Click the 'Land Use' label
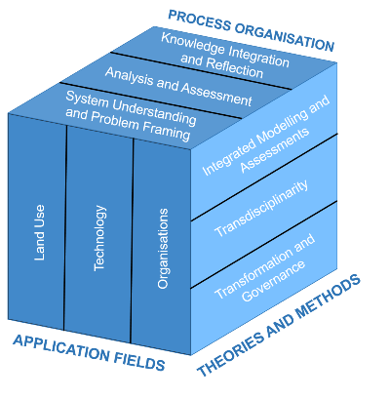39,232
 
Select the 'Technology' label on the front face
99,238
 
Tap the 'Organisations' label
163,249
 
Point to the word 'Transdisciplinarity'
261,209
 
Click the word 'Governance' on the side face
274,281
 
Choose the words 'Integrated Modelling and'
266,136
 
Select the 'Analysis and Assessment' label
178,87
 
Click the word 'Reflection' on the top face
234,68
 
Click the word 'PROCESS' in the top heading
199,20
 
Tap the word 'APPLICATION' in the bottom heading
61,348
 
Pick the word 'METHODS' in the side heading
329,297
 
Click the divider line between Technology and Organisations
132,241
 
